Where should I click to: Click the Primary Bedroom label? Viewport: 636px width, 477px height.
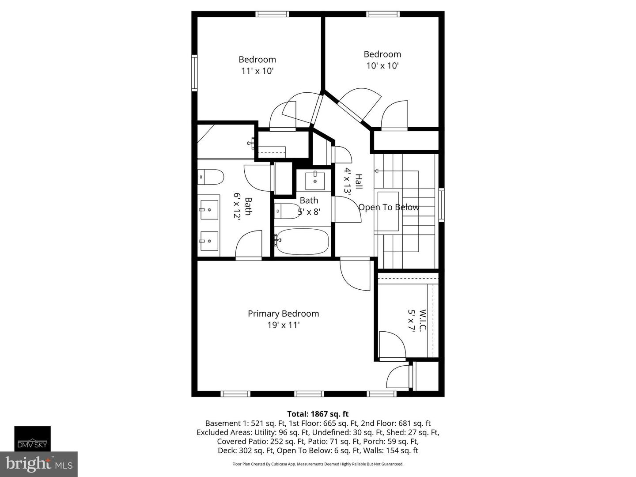click(x=283, y=314)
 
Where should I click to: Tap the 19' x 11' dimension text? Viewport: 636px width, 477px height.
click(x=283, y=325)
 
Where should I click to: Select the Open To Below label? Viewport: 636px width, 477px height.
click(x=389, y=207)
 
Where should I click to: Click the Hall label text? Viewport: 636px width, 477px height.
click(x=359, y=182)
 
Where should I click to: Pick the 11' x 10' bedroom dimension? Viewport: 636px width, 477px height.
click(x=257, y=71)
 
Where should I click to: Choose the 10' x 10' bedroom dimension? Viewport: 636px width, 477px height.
click(x=382, y=66)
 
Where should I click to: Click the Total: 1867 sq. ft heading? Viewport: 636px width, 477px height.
click(x=318, y=414)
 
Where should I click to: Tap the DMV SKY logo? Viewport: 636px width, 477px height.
click(x=32, y=439)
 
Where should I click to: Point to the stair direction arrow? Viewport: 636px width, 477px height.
click(x=377, y=171)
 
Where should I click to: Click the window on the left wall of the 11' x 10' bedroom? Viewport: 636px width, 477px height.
click(x=194, y=72)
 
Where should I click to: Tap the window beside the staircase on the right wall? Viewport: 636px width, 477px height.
click(x=441, y=204)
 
